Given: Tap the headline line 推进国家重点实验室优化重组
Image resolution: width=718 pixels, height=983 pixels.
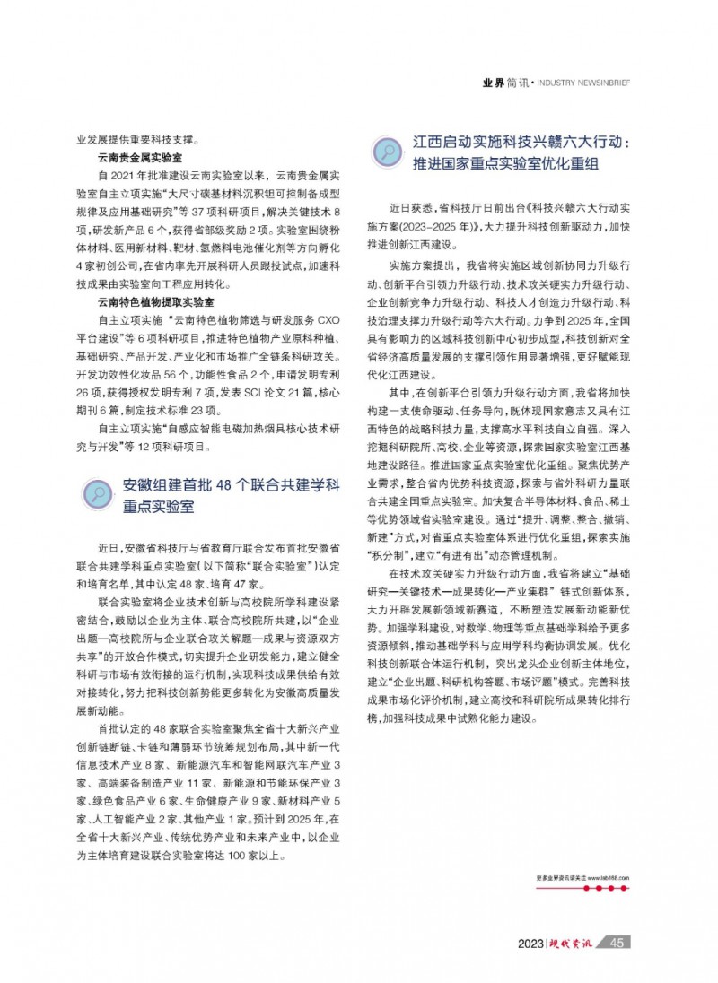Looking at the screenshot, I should tap(505, 165).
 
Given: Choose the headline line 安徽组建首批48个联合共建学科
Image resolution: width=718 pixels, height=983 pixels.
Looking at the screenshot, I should tap(231, 486).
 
